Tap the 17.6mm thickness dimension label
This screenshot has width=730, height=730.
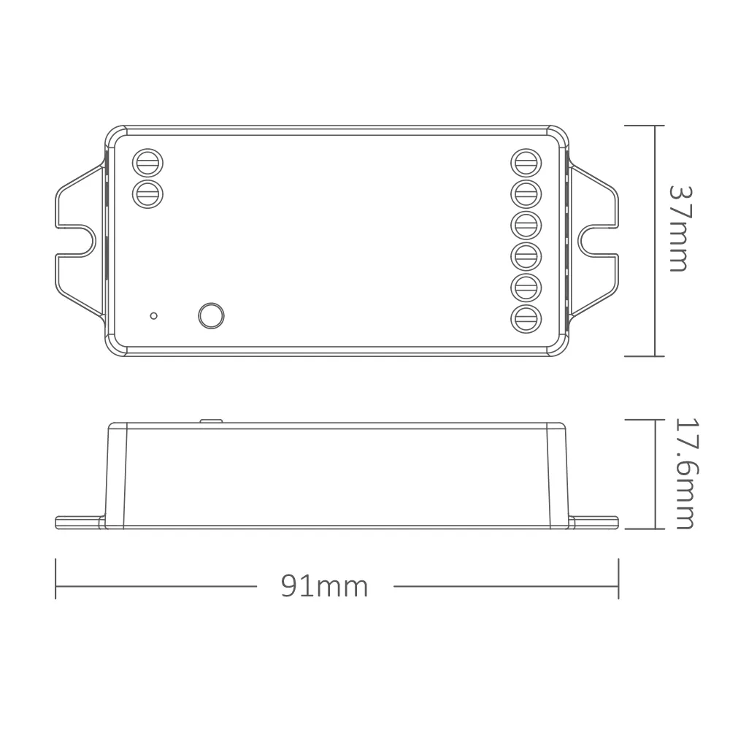685,474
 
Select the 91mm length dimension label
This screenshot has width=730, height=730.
325,585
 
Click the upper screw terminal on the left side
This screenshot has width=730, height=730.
147,164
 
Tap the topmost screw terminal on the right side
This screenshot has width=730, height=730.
526,164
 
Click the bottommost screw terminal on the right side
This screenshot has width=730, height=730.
526,320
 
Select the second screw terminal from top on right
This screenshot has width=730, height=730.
526,194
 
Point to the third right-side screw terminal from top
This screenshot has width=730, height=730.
526,226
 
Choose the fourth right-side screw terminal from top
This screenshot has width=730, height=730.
526,256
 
